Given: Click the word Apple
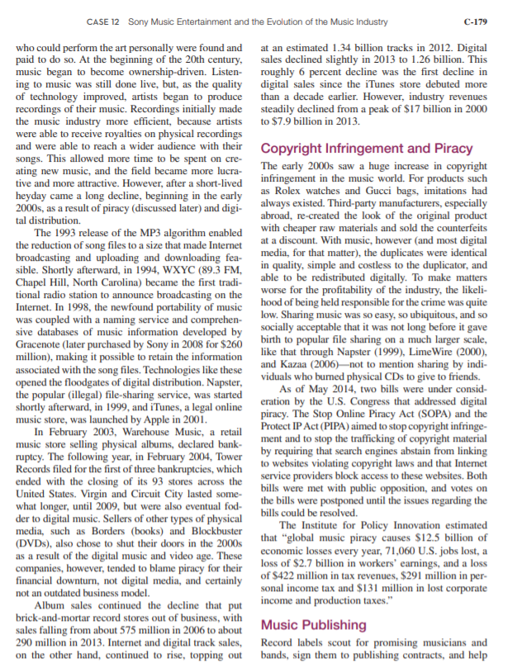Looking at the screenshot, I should (174, 418).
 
